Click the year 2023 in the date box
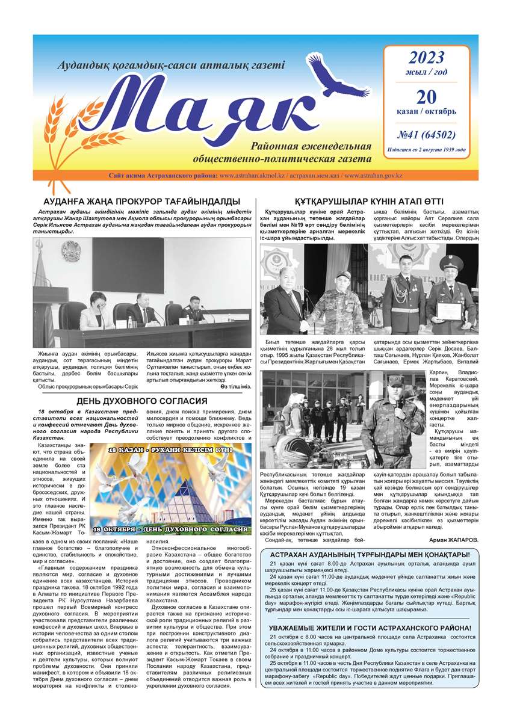pos(426,58)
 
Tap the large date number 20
pos(426,96)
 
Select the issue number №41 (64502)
pos(426,134)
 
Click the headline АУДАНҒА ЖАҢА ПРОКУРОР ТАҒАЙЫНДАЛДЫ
pos(142,201)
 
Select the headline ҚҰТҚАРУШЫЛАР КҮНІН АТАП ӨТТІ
pos(369,201)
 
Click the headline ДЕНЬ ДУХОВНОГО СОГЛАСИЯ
pos(142,401)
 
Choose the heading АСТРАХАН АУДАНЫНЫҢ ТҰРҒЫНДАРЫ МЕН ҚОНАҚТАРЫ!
pos(369,554)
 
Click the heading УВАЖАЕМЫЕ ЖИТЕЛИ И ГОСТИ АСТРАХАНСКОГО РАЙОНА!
pos(369,628)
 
